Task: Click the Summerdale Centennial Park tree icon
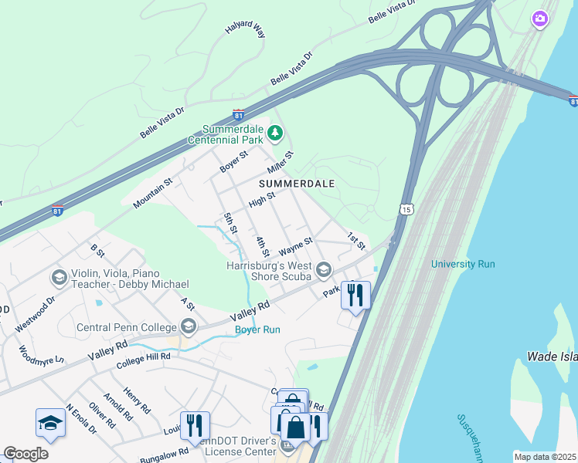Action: pos(274,134)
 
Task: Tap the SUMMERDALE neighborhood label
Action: pos(297,184)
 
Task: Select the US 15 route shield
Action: pos(406,209)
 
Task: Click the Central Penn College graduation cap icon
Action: pos(187,326)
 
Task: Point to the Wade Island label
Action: pos(551,357)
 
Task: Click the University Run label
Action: pos(463,264)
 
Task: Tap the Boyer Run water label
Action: pos(257,330)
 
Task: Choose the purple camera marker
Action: pos(540,19)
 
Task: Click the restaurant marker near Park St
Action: pos(355,295)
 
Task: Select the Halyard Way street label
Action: pos(245,30)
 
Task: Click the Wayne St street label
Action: pos(295,246)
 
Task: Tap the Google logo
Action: pos(26,454)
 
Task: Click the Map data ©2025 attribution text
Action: pos(545,457)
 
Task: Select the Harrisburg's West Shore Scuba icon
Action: pos(323,269)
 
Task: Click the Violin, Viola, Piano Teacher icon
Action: pos(59,276)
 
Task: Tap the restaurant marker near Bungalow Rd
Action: pos(194,424)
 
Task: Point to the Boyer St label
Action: pos(233,161)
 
